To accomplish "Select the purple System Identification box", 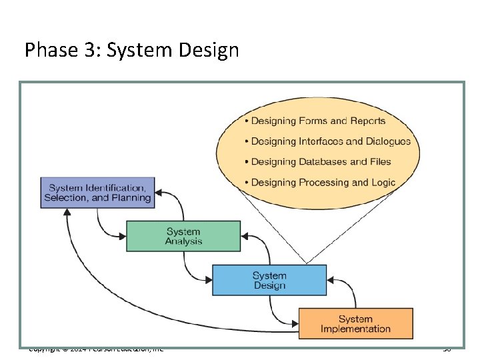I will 97,193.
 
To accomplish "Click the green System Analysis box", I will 183,237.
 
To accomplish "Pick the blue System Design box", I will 269,280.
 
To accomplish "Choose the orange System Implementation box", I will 355,323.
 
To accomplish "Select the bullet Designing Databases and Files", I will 321,162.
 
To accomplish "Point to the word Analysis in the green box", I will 183,241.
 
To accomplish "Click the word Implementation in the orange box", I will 355,329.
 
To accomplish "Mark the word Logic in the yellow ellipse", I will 381,183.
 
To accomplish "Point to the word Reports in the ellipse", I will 367,121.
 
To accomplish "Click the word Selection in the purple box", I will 67,198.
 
